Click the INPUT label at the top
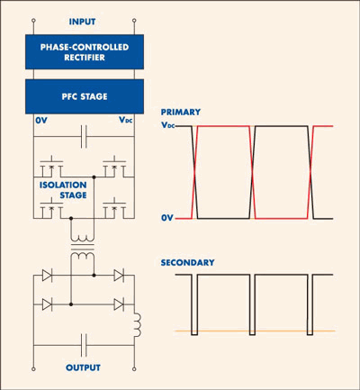(x=82, y=22)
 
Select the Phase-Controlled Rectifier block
(x=85, y=52)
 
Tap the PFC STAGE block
(x=85, y=96)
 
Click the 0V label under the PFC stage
(x=41, y=121)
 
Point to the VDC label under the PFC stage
(x=126, y=120)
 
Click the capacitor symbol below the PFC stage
(x=84, y=137)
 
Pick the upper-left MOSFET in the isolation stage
(x=51, y=167)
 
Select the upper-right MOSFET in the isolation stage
(x=114, y=167)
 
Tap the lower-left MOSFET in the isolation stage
(x=51, y=208)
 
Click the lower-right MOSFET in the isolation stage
(x=114, y=208)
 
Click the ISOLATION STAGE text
(x=63, y=190)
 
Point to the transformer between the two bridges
(x=83, y=248)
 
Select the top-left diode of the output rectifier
(x=47, y=275)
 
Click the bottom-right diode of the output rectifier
(x=119, y=304)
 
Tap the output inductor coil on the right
(x=137, y=325)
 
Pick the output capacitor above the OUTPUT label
(x=84, y=345)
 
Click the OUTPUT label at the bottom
(x=83, y=367)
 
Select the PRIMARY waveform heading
(x=181, y=112)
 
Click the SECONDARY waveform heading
(x=187, y=263)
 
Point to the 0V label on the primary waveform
(x=167, y=218)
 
